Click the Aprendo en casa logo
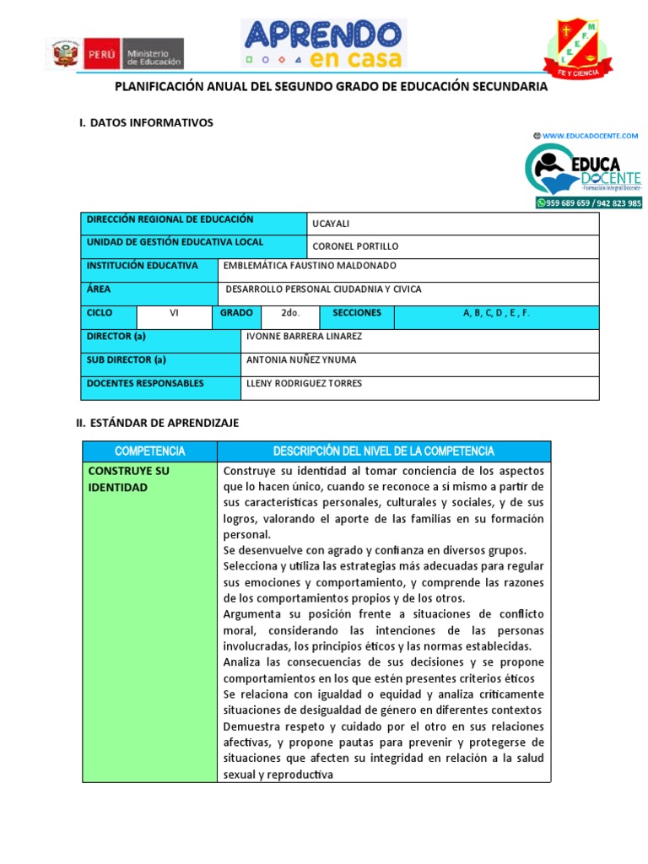(324, 44)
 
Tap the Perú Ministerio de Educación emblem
(117, 55)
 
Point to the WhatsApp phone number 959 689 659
(567, 202)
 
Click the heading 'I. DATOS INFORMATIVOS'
(146, 123)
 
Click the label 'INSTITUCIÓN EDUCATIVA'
(143, 266)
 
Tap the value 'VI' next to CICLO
(174, 313)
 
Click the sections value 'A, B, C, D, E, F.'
(496, 313)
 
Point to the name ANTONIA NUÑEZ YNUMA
(300, 359)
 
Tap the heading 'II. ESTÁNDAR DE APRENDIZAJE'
(157, 423)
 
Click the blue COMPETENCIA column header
(149, 451)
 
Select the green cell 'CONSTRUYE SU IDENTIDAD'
(129, 479)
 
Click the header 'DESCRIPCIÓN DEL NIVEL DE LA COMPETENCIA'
(384, 451)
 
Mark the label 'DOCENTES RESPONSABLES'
(145, 383)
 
